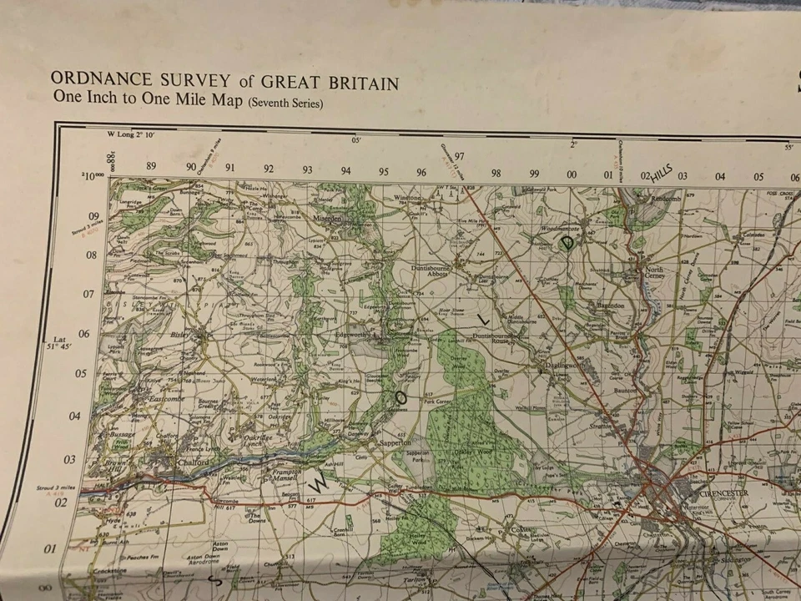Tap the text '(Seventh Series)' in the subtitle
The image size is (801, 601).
(x=285, y=103)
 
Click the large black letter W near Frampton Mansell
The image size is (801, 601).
(x=318, y=483)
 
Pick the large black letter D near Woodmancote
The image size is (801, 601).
(x=568, y=243)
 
